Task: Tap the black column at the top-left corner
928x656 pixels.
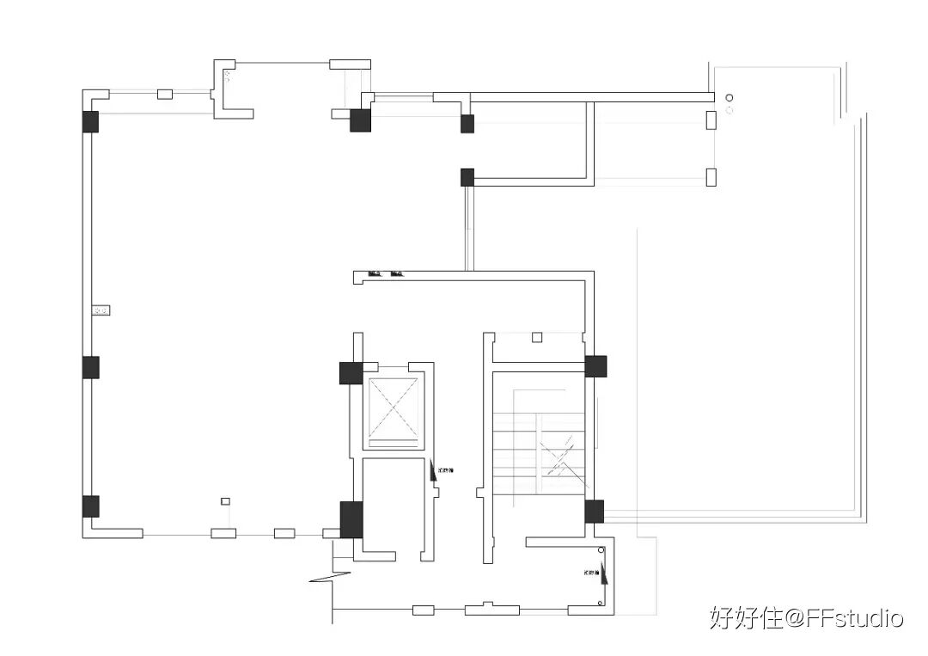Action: (90, 122)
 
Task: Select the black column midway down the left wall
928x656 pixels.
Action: (90, 367)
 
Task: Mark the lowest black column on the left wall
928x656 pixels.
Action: (90, 506)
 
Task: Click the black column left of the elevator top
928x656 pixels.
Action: (350, 373)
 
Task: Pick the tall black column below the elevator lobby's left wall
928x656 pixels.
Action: (351, 519)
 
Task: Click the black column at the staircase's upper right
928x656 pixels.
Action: (595, 366)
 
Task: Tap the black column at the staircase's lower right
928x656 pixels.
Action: (594, 512)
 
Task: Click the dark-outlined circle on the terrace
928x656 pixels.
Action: (730, 98)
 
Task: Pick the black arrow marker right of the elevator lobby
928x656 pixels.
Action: (433, 470)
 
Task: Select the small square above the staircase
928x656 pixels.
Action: (537, 337)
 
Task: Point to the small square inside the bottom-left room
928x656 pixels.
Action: (225, 501)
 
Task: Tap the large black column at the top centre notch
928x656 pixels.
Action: (360, 120)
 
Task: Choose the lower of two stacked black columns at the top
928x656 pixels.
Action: (467, 177)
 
